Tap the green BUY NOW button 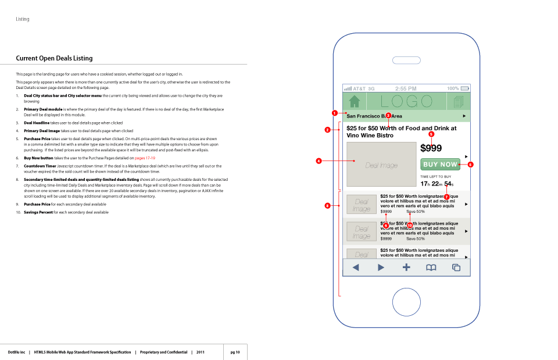440,165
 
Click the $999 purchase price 431,148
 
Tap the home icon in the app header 355,101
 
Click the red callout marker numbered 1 335,113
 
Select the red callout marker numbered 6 470,165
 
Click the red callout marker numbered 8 327,205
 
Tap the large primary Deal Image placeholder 381,165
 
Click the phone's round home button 406,302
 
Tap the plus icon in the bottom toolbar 406,268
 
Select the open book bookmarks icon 431,268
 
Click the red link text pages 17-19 145,158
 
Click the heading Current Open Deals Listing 54,58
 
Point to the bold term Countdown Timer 40,166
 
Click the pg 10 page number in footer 235,352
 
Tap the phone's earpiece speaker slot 406,60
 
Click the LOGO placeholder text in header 406,101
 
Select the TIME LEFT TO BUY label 435,176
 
